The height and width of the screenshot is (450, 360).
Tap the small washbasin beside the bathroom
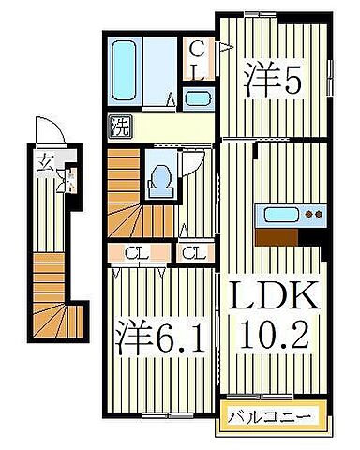coord(197,97)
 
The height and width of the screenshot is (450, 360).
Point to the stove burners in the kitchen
coord(312,215)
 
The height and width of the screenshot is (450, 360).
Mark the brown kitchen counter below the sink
coord(290,233)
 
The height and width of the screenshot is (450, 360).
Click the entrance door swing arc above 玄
coord(44,131)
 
